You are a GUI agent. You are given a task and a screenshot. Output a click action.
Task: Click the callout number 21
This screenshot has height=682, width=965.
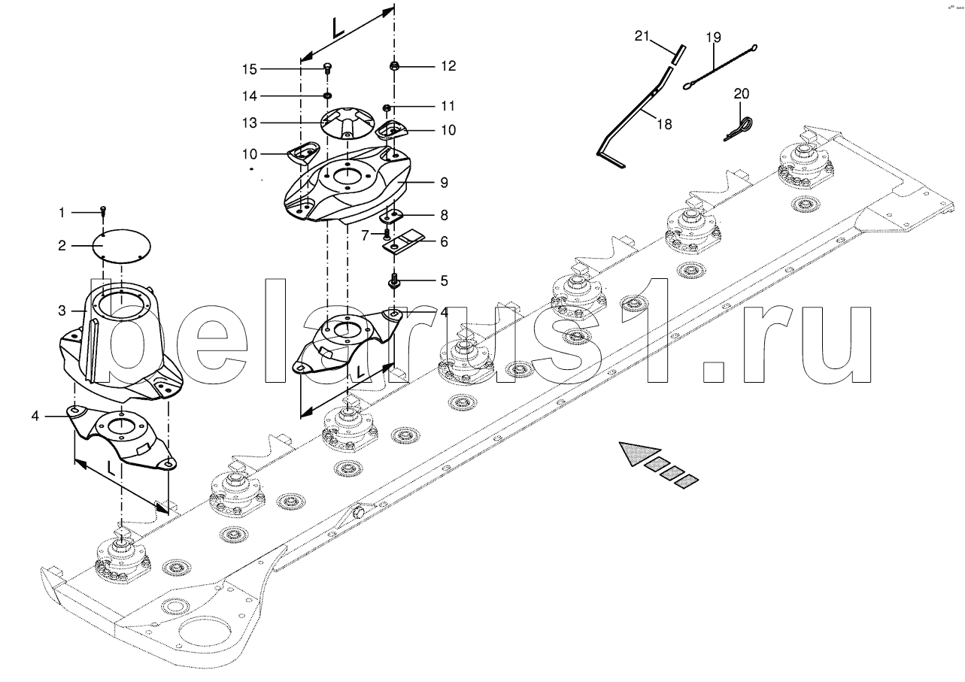tap(641, 35)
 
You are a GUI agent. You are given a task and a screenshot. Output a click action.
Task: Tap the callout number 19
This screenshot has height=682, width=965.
tap(713, 36)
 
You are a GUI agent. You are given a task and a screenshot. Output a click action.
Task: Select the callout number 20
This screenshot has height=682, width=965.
tap(742, 93)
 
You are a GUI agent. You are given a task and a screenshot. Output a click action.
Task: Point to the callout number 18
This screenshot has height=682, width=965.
tap(663, 123)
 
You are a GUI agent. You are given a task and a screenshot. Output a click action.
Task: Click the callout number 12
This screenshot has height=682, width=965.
tap(448, 66)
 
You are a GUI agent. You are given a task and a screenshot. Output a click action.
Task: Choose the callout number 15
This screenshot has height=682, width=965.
tap(249, 69)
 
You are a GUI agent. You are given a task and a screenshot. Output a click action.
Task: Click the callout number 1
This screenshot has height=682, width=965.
tap(62, 213)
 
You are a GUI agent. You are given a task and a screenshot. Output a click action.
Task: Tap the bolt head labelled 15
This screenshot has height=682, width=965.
tap(327, 68)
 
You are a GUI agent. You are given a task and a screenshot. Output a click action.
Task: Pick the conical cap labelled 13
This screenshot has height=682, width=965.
tap(348, 123)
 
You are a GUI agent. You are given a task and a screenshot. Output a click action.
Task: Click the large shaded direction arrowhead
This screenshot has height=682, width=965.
tap(636, 453)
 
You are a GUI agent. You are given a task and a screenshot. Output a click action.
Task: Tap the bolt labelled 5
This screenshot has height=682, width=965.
tap(394, 283)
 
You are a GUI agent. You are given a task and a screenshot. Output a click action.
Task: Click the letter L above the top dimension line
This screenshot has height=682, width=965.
tap(338, 29)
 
